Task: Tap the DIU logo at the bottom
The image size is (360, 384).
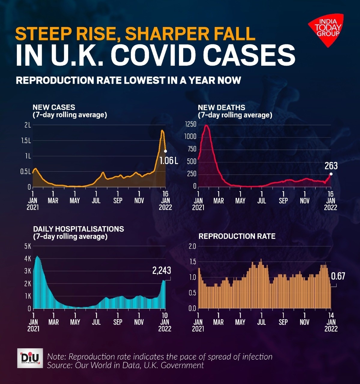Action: (x=30, y=358)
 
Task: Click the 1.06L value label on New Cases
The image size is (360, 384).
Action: (x=169, y=161)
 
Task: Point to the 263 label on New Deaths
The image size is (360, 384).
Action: (x=331, y=166)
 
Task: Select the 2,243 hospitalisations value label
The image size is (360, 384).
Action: (x=162, y=271)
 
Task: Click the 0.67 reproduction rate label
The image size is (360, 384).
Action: (x=338, y=276)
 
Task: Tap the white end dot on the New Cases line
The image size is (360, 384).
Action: (x=165, y=151)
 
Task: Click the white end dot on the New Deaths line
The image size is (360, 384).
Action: (x=331, y=174)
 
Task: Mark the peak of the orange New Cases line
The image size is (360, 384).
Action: (x=162, y=130)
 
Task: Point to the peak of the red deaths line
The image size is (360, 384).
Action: (x=206, y=125)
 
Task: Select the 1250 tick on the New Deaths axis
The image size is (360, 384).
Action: (x=191, y=124)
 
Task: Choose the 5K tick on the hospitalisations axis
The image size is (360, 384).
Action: (x=28, y=246)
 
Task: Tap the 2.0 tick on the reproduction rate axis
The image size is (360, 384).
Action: (x=192, y=246)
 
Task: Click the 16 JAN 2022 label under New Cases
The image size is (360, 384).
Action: (x=165, y=200)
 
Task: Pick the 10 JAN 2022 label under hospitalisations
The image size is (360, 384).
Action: (x=165, y=322)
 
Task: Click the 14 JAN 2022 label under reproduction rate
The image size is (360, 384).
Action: (x=331, y=322)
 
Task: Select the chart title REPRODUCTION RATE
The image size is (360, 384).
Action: (x=237, y=236)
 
